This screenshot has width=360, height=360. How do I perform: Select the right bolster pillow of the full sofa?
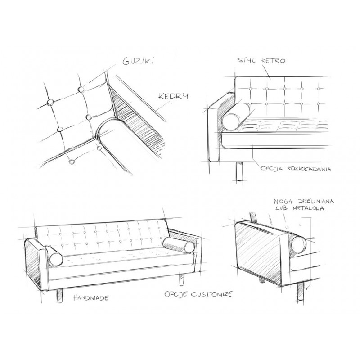(173, 244)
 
